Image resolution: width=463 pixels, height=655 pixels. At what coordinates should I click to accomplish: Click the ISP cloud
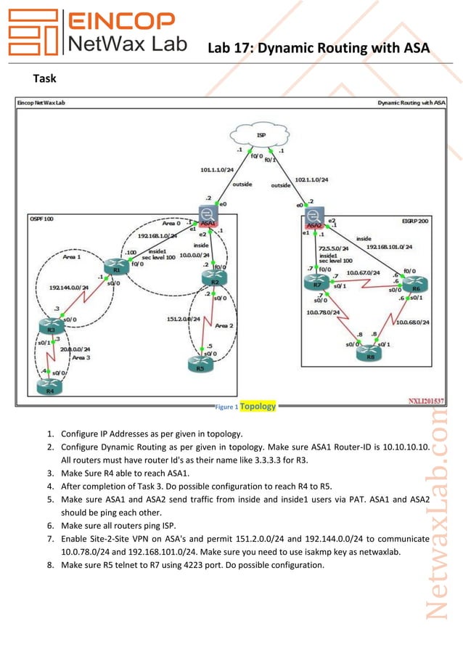[259, 137]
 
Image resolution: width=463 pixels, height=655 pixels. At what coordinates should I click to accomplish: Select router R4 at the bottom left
[49, 387]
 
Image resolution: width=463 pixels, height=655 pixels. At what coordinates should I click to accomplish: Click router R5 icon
[200, 364]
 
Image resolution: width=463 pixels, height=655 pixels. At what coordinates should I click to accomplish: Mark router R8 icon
[369, 353]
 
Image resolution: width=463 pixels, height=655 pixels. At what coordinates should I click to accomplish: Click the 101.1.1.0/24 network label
[217, 169]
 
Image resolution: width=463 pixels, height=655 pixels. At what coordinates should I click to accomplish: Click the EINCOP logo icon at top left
[30, 34]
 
